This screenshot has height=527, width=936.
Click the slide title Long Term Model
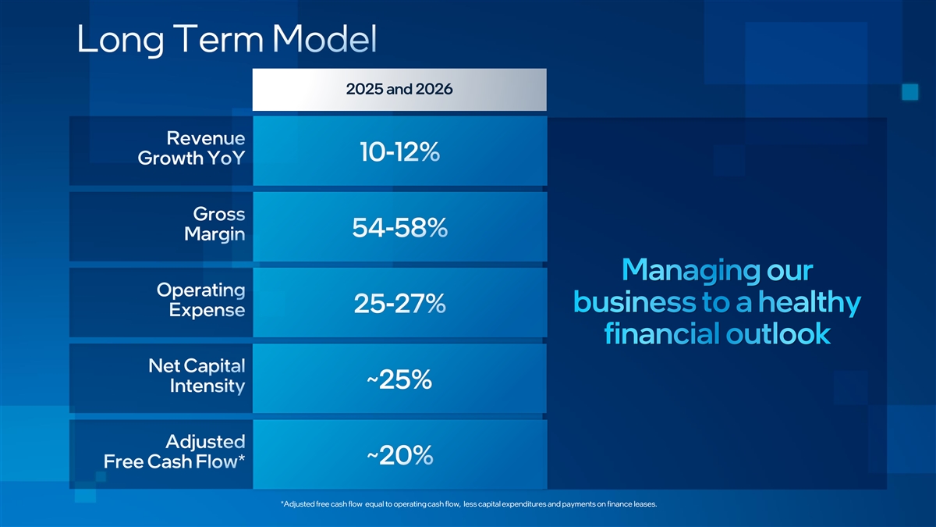[x=227, y=40]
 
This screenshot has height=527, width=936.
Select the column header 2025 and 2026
[x=399, y=89]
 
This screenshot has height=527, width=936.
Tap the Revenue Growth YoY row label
[x=191, y=148]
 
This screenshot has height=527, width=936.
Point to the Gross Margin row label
[x=214, y=224]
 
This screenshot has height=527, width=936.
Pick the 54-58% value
[x=399, y=228]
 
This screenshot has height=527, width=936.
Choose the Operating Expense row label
[x=201, y=300]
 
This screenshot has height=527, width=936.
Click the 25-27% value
[x=399, y=304]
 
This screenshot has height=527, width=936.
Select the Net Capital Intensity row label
[x=197, y=376]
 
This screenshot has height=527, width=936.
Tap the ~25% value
[x=399, y=380]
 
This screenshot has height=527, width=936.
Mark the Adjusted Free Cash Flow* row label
[x=175, y=451]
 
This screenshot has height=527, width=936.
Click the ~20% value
[x=399, y=456]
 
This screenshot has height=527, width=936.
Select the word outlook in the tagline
[x=778, y=334]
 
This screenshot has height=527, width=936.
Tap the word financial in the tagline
[x=661, y=334]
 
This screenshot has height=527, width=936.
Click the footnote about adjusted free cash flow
[x=468, y=504]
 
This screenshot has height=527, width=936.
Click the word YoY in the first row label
[x=222, y=158]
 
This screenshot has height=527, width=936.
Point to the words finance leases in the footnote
[x=633, y=504]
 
